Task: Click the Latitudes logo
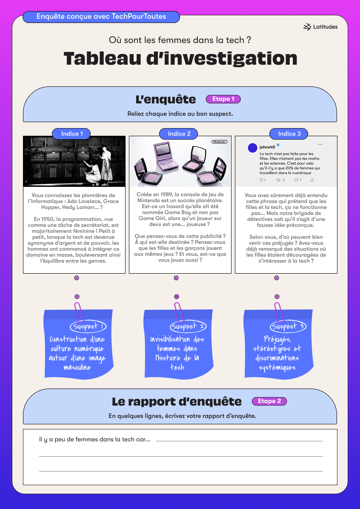tap(320, 27)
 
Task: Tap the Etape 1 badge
tap(223, 99)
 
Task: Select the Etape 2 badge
tap(269, 401)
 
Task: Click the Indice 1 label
tap(71, 134)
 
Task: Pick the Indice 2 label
tap(179, 134)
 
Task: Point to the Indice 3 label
tap(289, 134)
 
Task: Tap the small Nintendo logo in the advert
tap(219, 142)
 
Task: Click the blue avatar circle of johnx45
tap(252, 148)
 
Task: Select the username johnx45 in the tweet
tap(267, 147)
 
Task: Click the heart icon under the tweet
tap(296, 180)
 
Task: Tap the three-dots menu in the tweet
tap(320, 144)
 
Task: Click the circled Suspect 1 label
tap(88, 326)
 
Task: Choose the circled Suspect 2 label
tap(188, 326)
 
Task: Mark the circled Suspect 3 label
tap(288, 326)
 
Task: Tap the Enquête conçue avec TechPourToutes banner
tap(101, 17)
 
